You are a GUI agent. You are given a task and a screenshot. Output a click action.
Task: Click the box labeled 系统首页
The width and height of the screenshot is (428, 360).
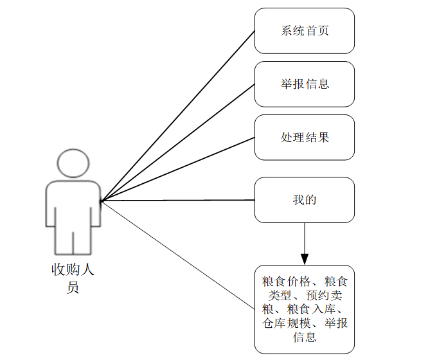click(x=304, y=31)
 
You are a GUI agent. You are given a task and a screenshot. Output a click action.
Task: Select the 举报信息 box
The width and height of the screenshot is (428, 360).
click(x=304, y=84)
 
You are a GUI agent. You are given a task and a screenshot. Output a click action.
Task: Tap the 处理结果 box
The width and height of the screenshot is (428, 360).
click(x=304, y=138)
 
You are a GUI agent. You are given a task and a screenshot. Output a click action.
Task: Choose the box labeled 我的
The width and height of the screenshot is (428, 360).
click(x=304, y=200)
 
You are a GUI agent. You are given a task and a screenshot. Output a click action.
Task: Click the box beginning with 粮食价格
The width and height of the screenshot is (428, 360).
click(x=304, y=309)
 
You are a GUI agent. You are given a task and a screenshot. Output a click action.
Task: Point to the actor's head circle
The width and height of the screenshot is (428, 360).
click(x=73, y=164)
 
